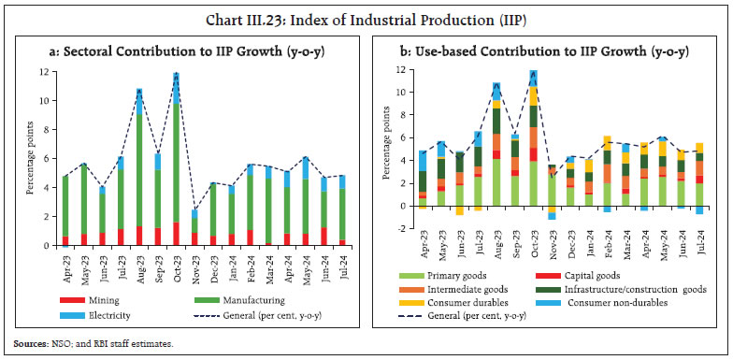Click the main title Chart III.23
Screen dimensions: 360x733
click(x=366, y=13)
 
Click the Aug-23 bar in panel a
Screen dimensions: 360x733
click(x=138, y=167)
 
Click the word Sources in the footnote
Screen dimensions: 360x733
click(x=29, y=344)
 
